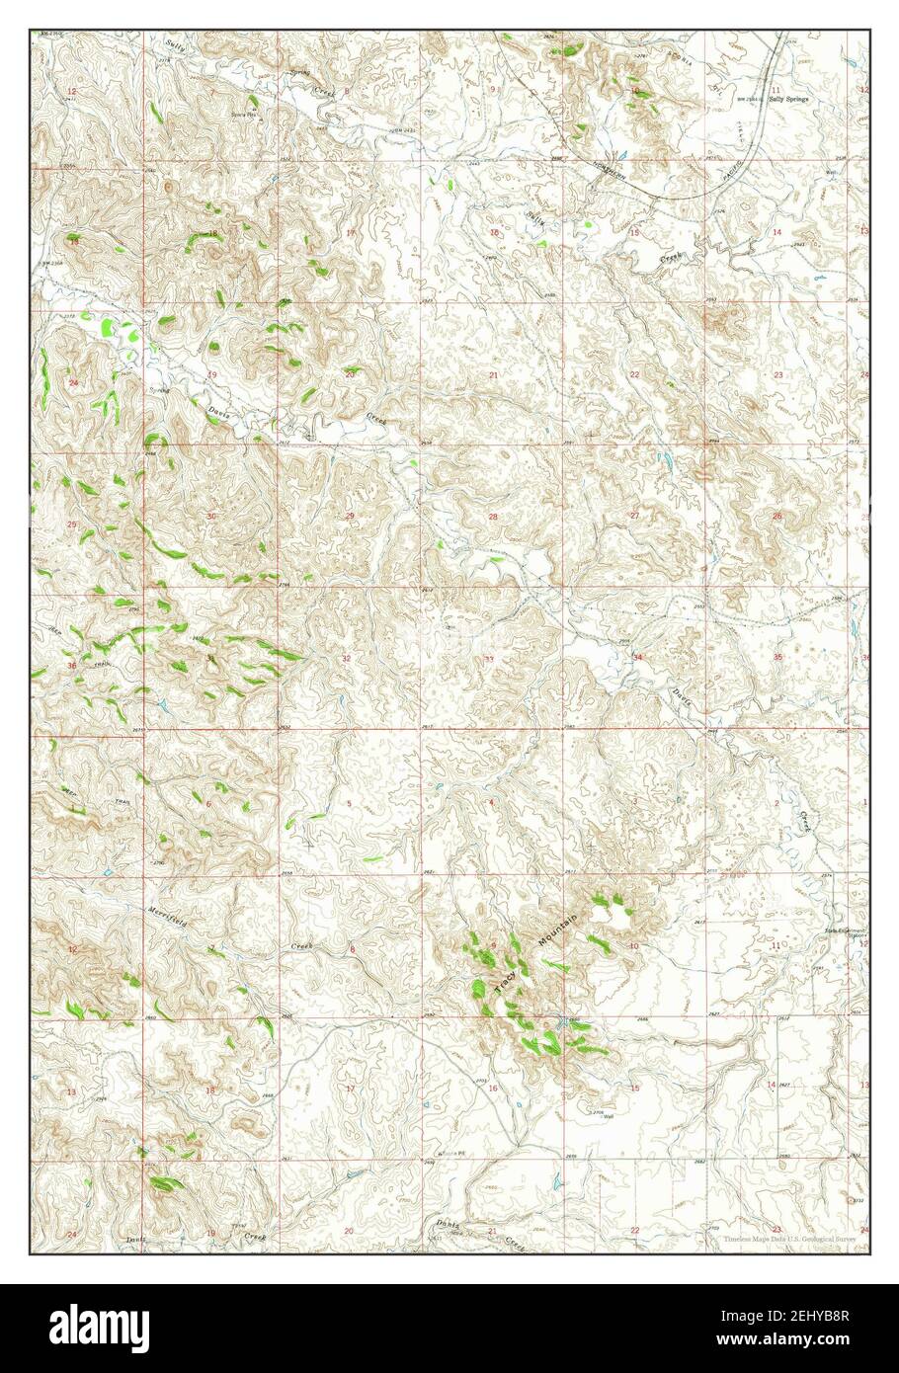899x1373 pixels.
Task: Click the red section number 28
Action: click(x=492, y=517)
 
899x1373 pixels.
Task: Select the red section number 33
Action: click(x=488, y=659)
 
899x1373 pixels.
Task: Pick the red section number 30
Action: click(x=210, y=517)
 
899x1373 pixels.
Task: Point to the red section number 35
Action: click(x=777, y=657)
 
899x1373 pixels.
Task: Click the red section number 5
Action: click(x=348, y=802)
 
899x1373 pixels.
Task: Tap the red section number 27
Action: click(x=635, y=517)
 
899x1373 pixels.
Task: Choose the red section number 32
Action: click(x=346, y=658)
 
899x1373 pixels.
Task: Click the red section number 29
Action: click(x=349, y=517)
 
